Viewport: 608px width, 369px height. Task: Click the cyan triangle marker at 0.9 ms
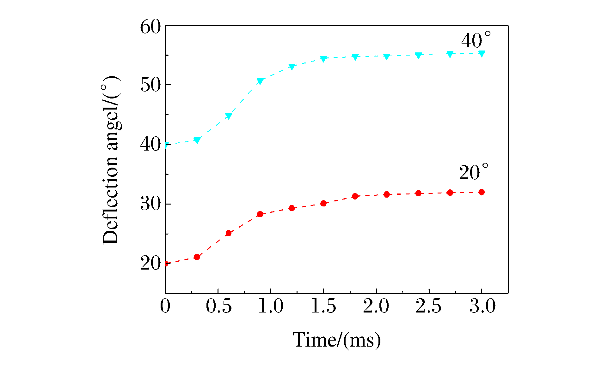point(260,81)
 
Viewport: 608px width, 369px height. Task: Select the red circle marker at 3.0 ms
point(482,192)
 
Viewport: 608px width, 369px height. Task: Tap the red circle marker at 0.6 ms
point(229,233)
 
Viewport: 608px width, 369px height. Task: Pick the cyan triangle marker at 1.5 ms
point(323,59)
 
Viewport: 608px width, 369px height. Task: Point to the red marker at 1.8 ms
point(355,196)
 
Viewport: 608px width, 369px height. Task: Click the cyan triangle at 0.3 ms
point(197,140)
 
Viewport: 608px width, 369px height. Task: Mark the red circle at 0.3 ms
point(197,257)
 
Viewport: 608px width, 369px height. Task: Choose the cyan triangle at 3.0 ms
point(482,54)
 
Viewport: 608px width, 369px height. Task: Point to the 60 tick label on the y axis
point(150,27)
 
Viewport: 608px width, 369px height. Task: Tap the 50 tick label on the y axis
point(150,85)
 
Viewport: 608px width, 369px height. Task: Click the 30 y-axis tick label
point(150,204)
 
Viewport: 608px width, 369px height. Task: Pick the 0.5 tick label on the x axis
point(218,306)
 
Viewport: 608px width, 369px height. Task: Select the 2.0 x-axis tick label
point(376,306)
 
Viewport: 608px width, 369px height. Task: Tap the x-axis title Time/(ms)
point(337,340)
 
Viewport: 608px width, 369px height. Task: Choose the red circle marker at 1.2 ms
point(292,208)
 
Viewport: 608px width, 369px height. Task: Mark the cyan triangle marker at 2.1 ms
point(387,57)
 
